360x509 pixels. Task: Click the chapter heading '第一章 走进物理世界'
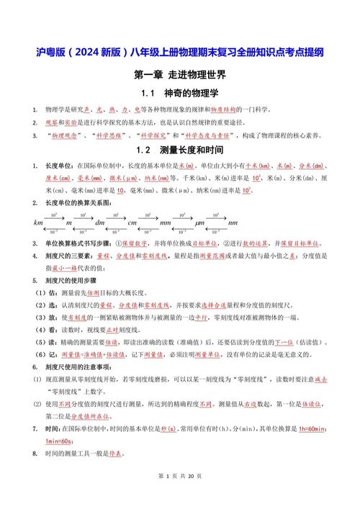click(179, 75)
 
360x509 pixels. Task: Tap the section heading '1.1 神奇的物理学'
click(179, 94)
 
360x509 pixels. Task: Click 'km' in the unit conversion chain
click(38, 223)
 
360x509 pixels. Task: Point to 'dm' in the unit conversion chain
click(100, 223)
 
